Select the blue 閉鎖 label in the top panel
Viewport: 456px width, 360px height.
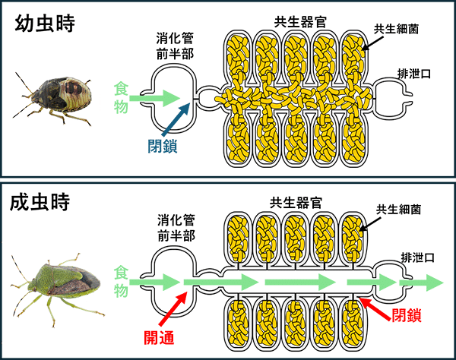163,145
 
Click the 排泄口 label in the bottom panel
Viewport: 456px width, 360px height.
413,257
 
